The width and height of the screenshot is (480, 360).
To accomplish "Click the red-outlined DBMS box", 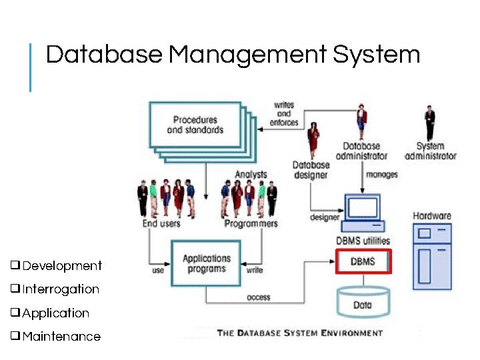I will click(x=362, y=261).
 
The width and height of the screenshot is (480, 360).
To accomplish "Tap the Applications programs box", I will click(x=206, y=263).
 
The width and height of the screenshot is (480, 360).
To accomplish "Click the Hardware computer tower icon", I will click(x=432, y=257).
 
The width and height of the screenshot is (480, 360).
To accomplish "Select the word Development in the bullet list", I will click(x=62, y=266).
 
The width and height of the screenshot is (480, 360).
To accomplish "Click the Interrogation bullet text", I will click(x=61, y=289).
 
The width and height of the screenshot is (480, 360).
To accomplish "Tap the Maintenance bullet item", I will click(x=61, y=337).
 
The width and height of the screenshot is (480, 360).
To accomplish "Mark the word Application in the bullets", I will click(x=56, y=313).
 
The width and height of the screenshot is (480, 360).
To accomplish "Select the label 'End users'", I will click(x=161, y=223).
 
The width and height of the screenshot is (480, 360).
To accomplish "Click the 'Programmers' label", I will click(x=251, y=223).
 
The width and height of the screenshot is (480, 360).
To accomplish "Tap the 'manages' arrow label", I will click(x=382, y=175).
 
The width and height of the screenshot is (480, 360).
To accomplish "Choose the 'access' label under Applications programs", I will click(x=259, y=297).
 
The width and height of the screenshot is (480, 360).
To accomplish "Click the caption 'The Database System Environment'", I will click(x=300, y=333).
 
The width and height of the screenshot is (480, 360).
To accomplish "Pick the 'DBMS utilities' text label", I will click(x=362, y=241).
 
